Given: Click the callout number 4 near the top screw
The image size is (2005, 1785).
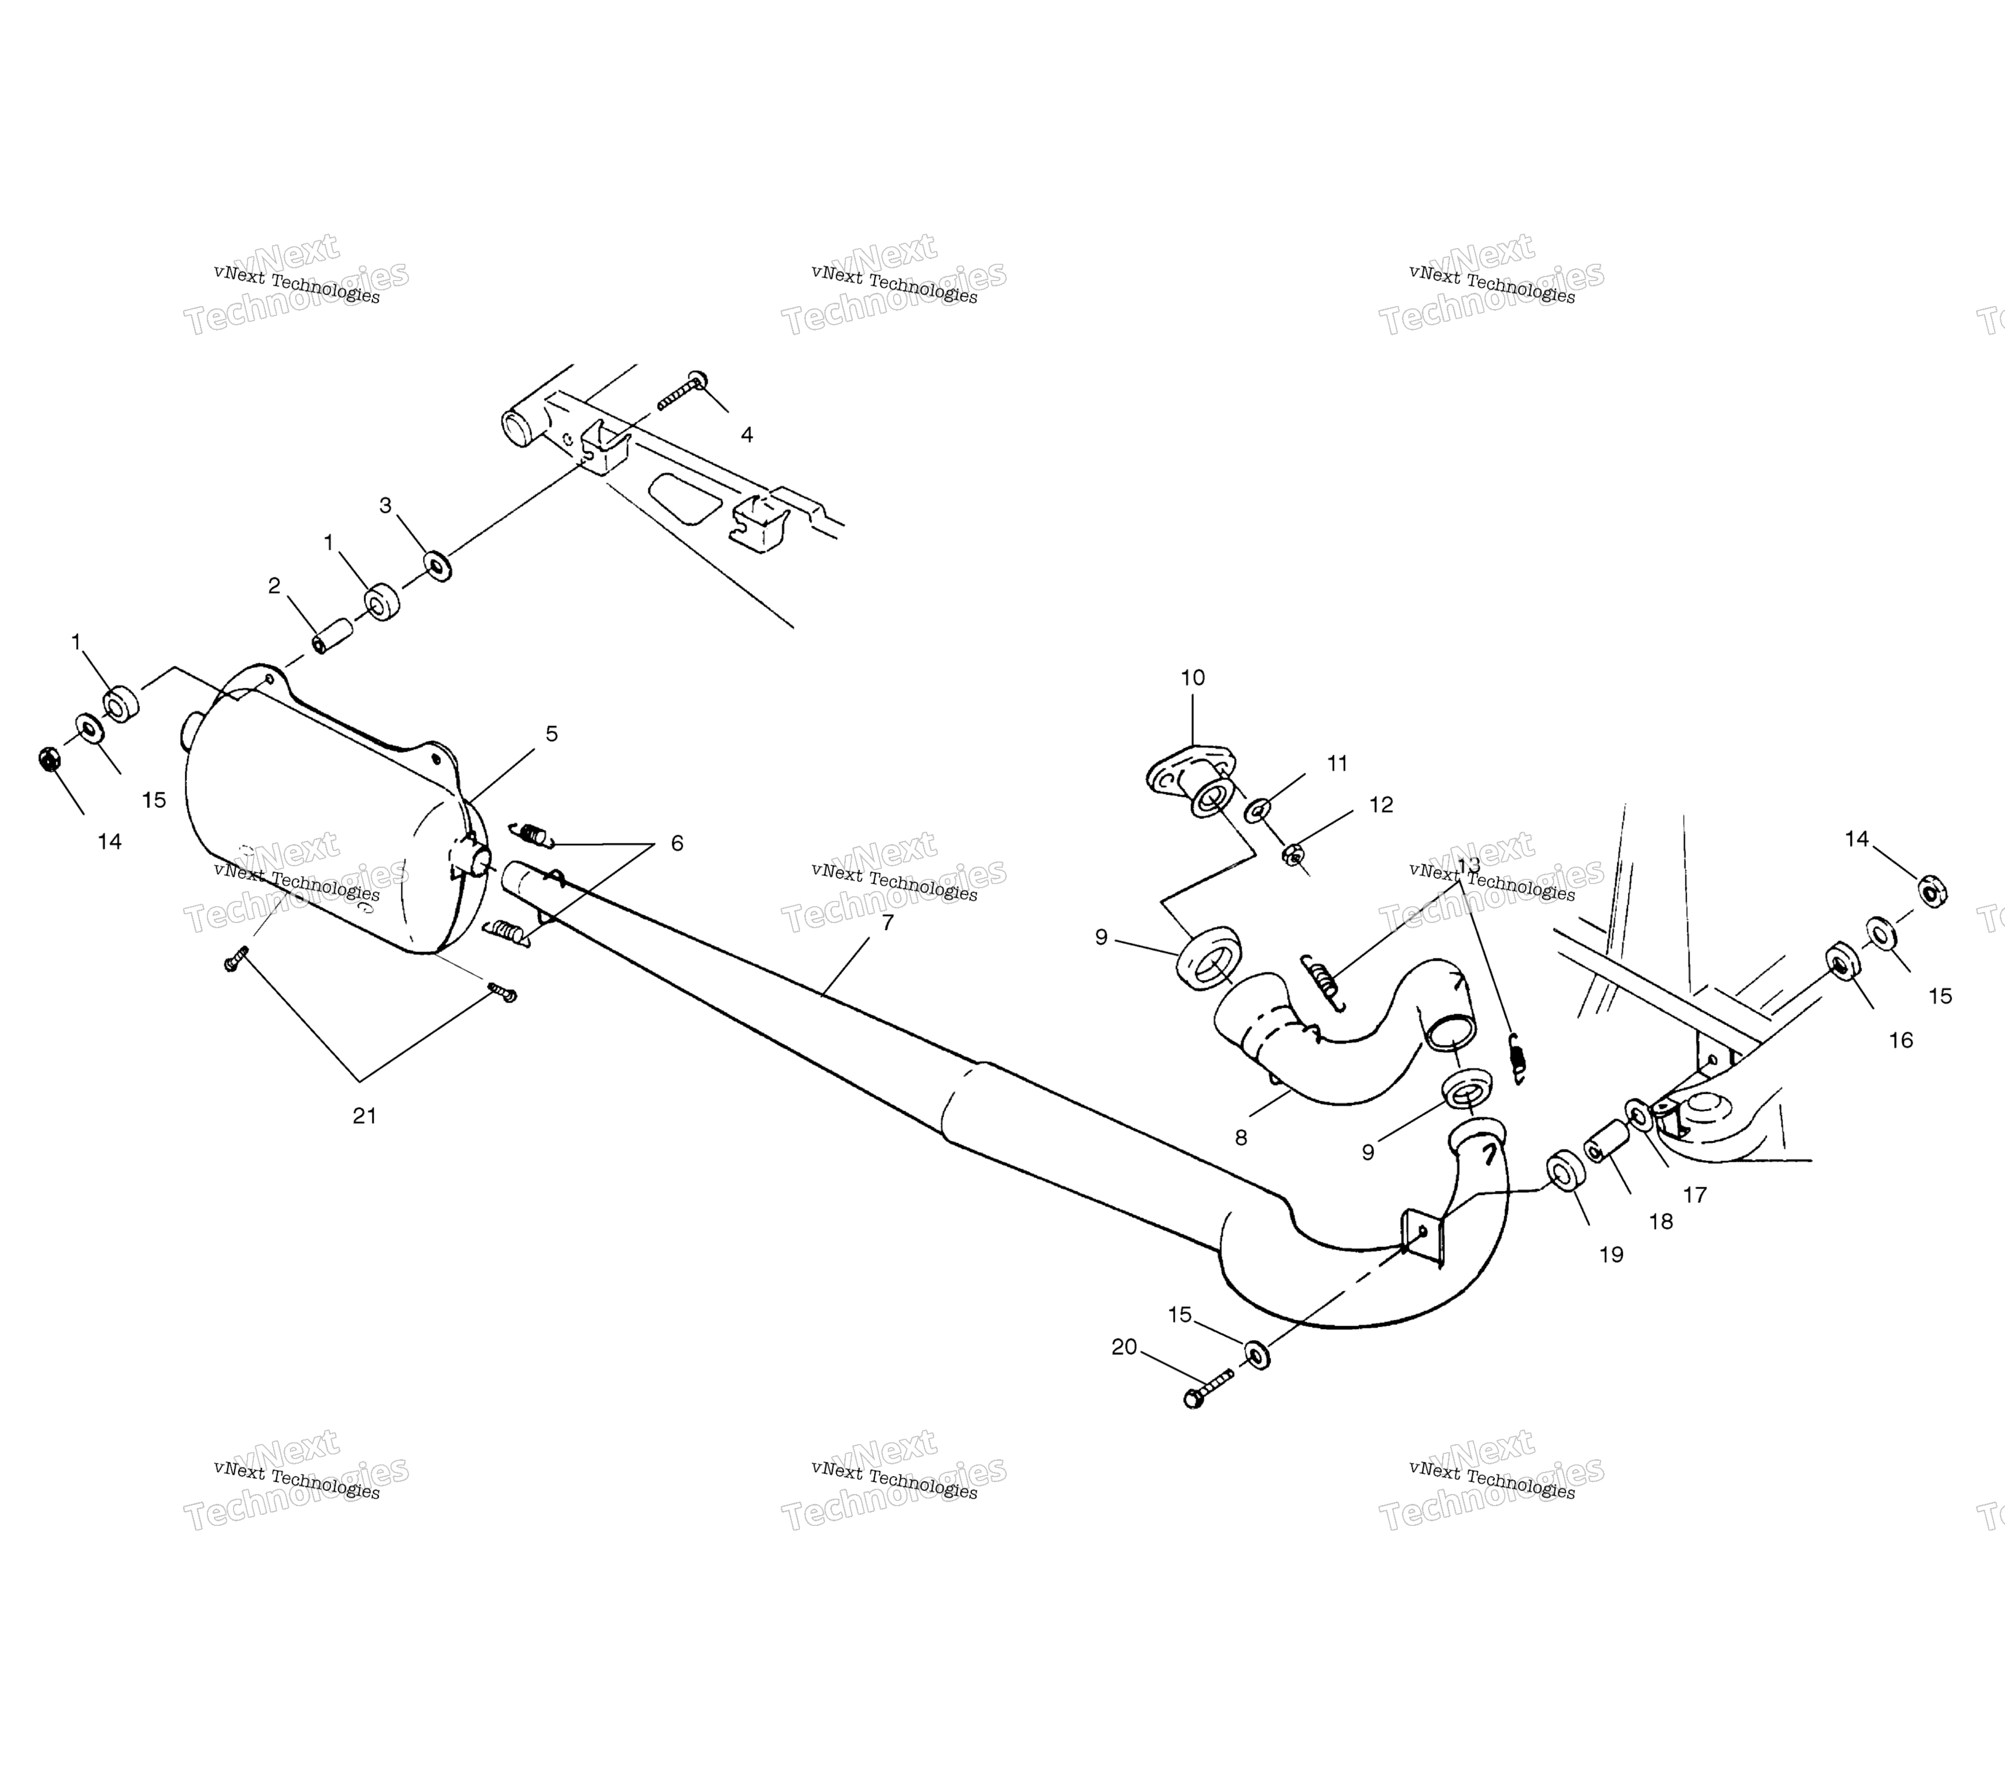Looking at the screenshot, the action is click(748, 434).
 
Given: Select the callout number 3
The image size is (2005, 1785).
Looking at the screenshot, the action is click(386, 505).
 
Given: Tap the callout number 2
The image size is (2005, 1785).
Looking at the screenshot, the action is click(275, 586).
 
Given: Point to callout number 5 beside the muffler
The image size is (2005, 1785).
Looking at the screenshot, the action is click(553, 734).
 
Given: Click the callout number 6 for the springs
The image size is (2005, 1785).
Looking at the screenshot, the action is click(677, 843).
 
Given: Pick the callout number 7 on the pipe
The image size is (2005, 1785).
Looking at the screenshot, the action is click(888, 923).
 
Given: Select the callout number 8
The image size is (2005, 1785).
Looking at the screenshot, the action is click(1241, 1138).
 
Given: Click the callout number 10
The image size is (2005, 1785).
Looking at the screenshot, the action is click(1193, 678).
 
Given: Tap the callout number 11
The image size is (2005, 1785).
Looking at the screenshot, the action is click(1338, 763).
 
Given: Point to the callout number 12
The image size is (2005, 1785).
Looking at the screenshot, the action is click(1381, 804).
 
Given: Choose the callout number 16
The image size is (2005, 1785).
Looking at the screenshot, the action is click(1901, 1040).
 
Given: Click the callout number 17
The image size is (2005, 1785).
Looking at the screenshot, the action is click(1695, 1195).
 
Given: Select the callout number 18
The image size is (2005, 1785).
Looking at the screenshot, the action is click(1660, 1222).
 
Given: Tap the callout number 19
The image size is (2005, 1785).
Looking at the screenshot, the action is click(1612, 1255).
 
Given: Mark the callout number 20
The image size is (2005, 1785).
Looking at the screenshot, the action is click(1124, 1348).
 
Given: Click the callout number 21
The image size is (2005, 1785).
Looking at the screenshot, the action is click(365, 1115).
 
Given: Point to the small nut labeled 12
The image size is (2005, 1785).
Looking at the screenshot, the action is click(1293, 854).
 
